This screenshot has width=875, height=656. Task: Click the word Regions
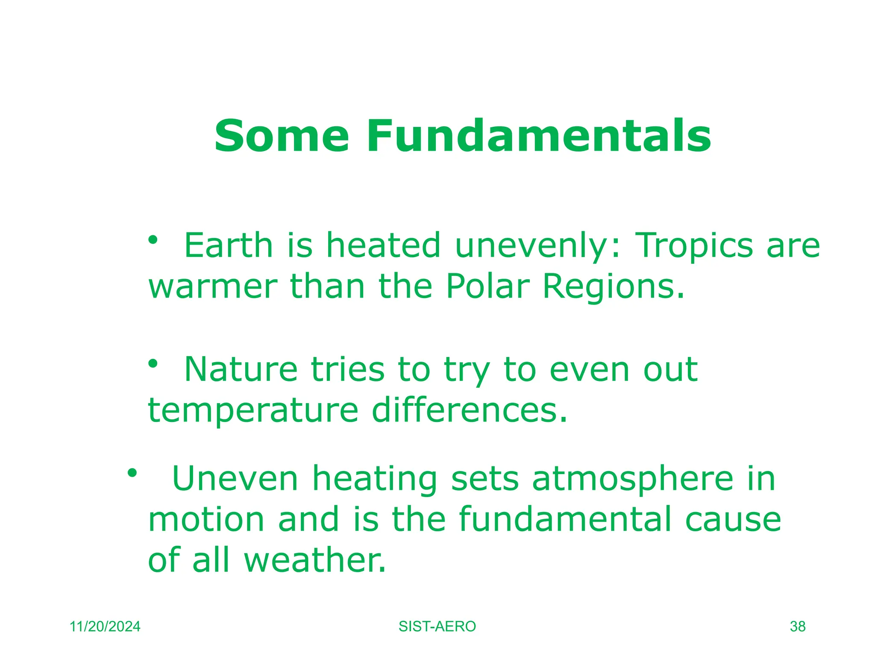coord(614,287)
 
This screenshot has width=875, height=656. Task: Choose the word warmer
coord(213,287)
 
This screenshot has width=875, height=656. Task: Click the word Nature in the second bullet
coord(241,369)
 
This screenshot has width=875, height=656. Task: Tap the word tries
coord(348,369)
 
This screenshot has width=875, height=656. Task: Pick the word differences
coord(470,410)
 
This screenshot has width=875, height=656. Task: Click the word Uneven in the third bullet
coord(235,479)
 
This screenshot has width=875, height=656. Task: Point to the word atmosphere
coord(633,480)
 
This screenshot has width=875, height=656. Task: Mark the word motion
coord(206,520)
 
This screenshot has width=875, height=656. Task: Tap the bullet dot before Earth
coord(153,240)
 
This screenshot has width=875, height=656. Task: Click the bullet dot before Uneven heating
coord(132,473)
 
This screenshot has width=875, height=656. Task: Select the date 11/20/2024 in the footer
coord(105,627)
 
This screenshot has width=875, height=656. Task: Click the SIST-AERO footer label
coord(437,627)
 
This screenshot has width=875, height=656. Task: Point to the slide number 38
coord(797,627)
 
